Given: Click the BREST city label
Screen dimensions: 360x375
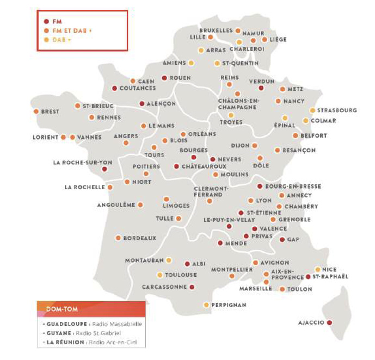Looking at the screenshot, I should [x=51, y=112].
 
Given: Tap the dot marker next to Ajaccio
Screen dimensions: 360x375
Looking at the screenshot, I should [x=329, y=322].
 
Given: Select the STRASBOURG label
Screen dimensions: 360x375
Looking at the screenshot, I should [x=337, y=110].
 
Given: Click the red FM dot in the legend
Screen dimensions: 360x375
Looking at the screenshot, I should [x=46, y=21].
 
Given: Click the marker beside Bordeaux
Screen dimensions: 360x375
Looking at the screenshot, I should [x=118, y=238].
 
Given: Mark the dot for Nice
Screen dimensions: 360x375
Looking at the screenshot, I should [x=318, y=269].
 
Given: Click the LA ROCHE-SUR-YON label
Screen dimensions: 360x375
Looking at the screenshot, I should [x=75, y=162].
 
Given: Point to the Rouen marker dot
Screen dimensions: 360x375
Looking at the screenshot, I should [x=164, y=78].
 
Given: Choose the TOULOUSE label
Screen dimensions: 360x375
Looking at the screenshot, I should [x=181, y=275].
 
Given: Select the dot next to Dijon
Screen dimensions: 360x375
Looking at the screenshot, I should [x=254, y=146].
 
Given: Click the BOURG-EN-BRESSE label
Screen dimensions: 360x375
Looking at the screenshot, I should [x=293, y=187].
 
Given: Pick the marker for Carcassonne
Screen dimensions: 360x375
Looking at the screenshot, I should [x=192, y=286].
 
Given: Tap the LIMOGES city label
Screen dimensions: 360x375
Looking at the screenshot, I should [x=176, y=206].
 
